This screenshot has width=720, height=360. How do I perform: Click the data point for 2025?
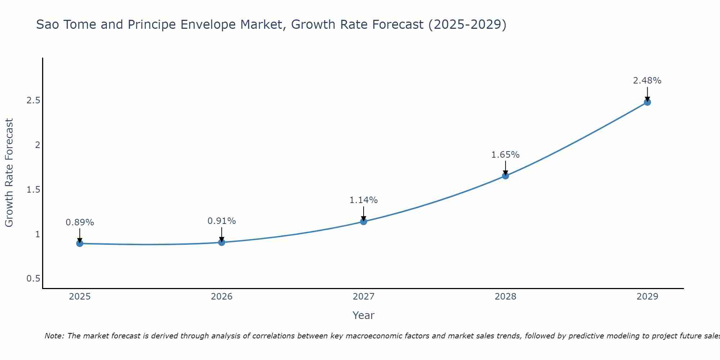pos(80,243)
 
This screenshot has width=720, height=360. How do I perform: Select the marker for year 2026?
pos(222,242)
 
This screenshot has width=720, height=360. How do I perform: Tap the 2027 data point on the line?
pos(364,221)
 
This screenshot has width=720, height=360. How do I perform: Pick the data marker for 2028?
pos(505,176)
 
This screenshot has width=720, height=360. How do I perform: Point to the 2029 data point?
pos(647,102)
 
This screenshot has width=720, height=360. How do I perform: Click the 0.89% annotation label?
pos(80,222)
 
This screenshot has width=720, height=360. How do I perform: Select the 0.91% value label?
pos(222,221)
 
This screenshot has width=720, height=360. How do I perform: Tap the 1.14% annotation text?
pos(364,200)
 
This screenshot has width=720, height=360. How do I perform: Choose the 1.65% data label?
pos(505,155)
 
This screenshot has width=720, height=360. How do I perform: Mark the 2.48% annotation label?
pos(647,81)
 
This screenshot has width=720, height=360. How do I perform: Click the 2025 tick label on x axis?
pos(80,297)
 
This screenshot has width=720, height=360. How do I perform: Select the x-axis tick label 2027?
pos(364,297)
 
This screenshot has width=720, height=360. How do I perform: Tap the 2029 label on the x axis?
pos(647,297)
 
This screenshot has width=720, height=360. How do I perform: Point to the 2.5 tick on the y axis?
pos(33,100)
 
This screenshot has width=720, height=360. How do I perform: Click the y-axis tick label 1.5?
pos(33,190)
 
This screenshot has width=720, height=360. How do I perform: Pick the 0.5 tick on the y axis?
pos(33,279)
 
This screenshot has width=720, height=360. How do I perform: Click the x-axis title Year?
pos(364,315)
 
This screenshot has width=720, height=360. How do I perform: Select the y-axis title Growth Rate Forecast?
pos(9,173)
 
